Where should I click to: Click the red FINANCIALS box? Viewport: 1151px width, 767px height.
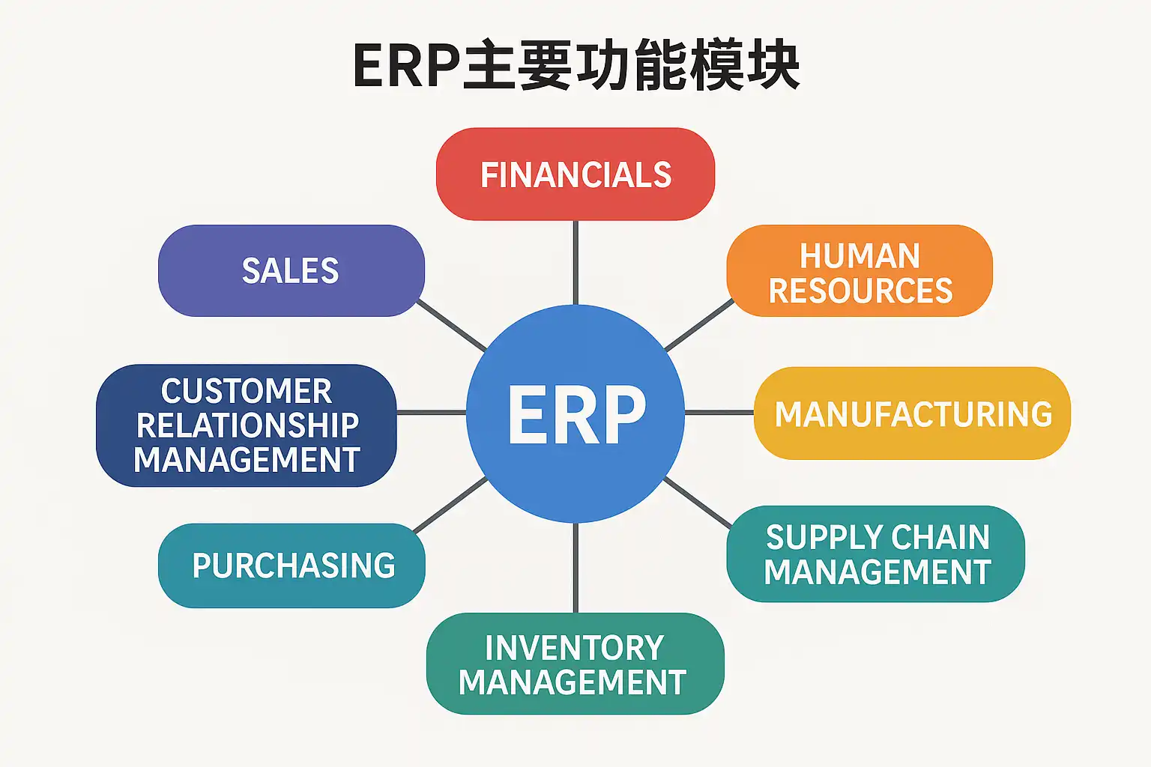point(575,175)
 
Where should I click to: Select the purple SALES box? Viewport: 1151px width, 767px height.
point(291,270)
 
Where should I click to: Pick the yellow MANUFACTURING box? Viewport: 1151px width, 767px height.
point(912,413)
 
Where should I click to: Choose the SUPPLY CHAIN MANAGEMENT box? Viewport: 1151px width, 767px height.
point(876,554)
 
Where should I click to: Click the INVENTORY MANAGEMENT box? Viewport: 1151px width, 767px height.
point(575,664)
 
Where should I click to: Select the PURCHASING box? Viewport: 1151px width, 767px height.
point(292,566)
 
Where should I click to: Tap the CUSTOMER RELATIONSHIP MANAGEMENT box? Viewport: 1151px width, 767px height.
point(247,425)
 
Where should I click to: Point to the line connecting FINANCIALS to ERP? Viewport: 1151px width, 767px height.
point(575,262)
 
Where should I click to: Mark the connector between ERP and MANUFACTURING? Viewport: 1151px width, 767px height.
point(719,413)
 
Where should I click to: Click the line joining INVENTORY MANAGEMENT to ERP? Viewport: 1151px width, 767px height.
point(575,568)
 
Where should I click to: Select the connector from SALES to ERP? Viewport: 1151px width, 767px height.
point(451,325)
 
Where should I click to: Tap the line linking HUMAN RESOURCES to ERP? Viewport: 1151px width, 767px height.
point(698,326)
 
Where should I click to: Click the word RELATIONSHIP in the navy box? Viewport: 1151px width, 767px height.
point(247,425)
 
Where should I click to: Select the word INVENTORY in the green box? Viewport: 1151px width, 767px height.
point(574,648)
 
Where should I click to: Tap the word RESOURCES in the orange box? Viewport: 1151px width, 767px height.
point(860,291)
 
